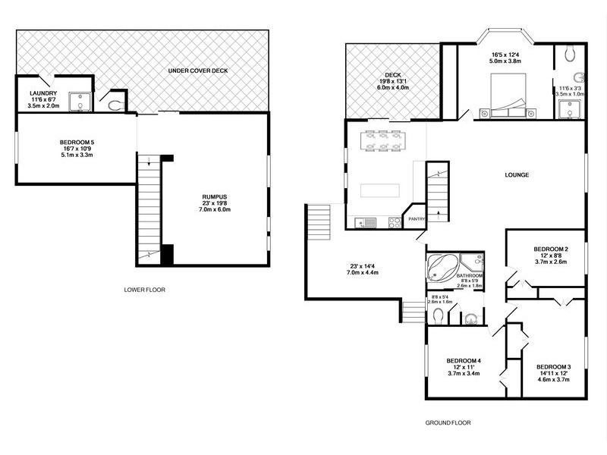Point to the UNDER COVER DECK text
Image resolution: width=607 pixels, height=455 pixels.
197,71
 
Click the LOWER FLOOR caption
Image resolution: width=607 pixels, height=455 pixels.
144,290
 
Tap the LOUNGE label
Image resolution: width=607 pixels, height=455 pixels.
516,175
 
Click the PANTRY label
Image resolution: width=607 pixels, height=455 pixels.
417,219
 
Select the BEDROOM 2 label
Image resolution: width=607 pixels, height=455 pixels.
551,249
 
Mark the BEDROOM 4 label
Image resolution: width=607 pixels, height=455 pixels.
464,360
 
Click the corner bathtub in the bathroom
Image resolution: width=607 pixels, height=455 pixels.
440,267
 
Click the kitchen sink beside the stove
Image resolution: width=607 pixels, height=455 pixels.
369,223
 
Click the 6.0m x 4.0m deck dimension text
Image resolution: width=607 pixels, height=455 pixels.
394,88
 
